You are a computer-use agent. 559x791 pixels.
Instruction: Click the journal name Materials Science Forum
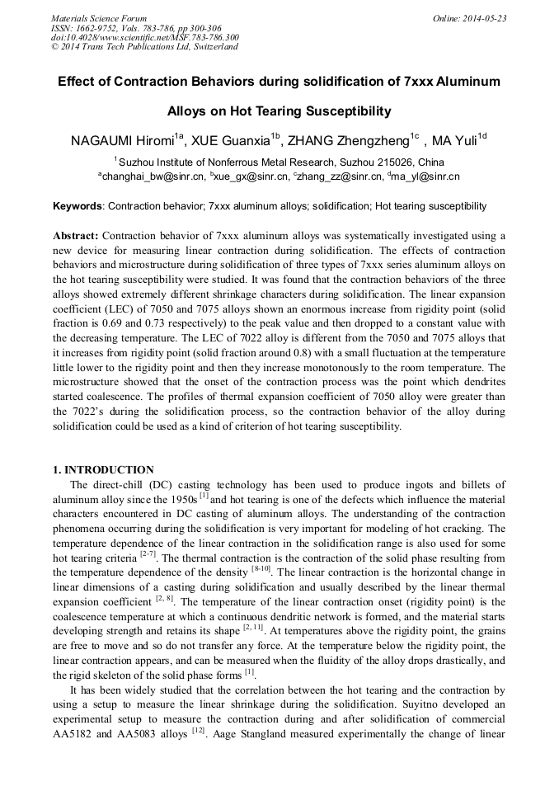[x=99, y=18]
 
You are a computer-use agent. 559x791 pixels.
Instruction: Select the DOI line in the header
[x=145, y=37]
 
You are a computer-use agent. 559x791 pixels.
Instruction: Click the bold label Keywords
[x=78, y=206]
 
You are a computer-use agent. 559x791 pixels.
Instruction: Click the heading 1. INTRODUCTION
[x=103, y=470]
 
